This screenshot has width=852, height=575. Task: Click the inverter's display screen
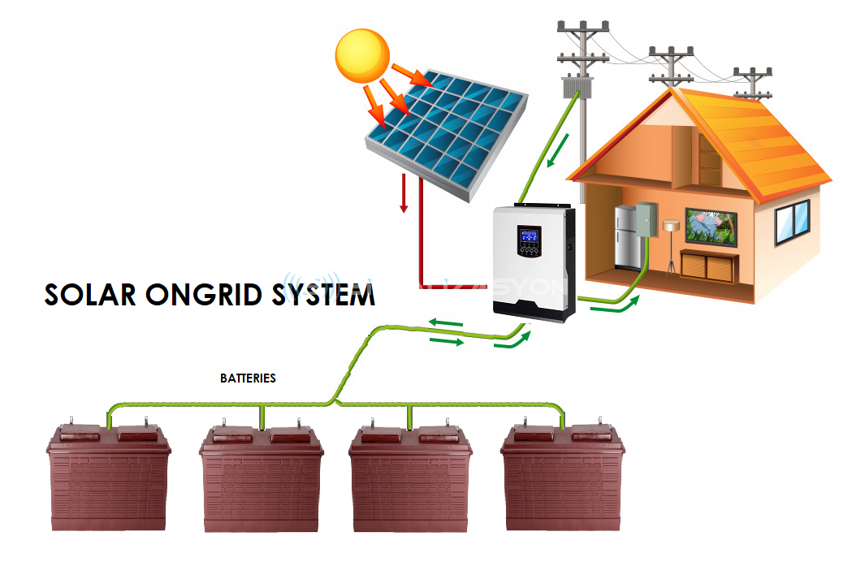pyautogui.click(x=529, y=239)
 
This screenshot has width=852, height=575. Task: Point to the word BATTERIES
pyautogui.click(x=248, y=378)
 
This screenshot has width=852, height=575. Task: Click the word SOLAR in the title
pyautogui.click(x=90, y=295)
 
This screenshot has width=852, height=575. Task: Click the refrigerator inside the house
pyautogui.click(x=628, y=236)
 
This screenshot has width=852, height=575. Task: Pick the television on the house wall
pyautogui.click(x=711, y=226)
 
